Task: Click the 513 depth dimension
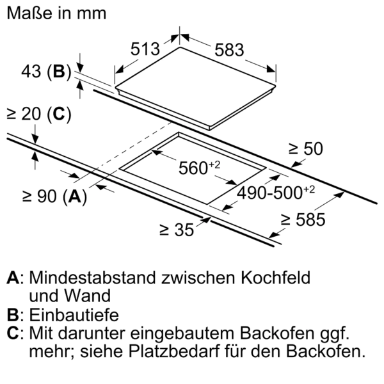coord(145,49)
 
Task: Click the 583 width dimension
coord(229,50)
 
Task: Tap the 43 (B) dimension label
coord(46,72)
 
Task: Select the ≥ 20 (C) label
coord(39,114)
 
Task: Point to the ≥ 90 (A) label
coord(54,196)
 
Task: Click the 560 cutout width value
coord(199,168)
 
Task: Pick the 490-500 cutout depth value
coord(275,193)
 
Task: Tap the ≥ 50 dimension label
coord(306,148)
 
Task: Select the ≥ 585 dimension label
coord(303,220)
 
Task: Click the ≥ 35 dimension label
coord(177,230)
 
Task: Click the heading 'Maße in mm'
coord(56,13)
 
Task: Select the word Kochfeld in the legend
coord(275,278)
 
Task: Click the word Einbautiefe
coord(74,315)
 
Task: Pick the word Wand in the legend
coord(87,296)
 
